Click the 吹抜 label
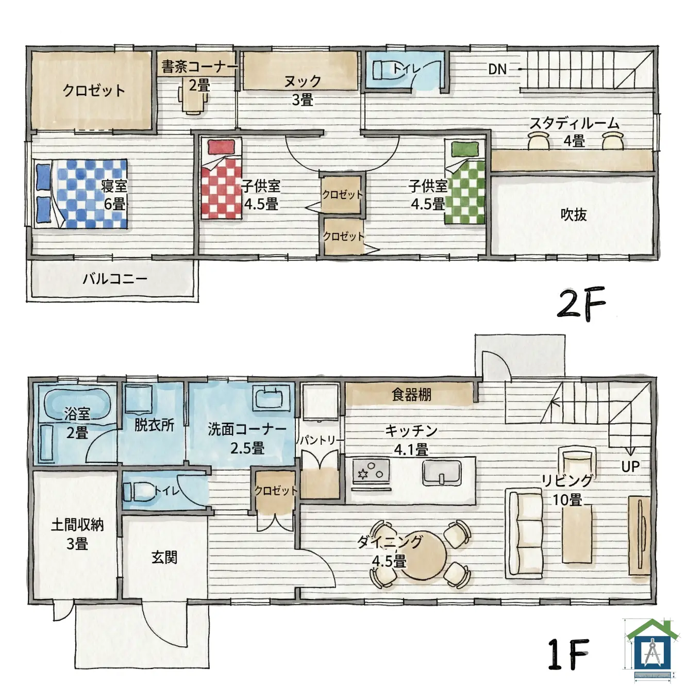[x=574, y=214]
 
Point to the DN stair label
[x=497, y=69]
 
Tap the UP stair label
[x=630, y=466]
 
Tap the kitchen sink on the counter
[x=442, y=473]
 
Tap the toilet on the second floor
[x=384, y=70]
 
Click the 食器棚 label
[x=411, y=395]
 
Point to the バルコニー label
[x=115, y=279]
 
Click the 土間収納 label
[x=77, y=525]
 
